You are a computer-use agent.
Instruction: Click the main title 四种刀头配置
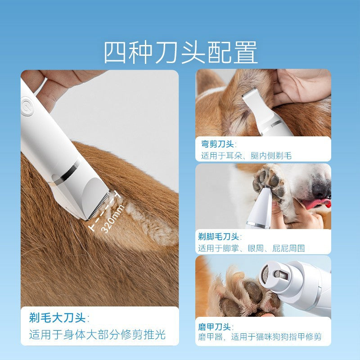click(x=180, y=53)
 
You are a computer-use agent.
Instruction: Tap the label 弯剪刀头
click(x=217, y=144)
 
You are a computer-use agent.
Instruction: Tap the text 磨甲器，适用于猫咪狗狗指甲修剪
click(x=261, y=337)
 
